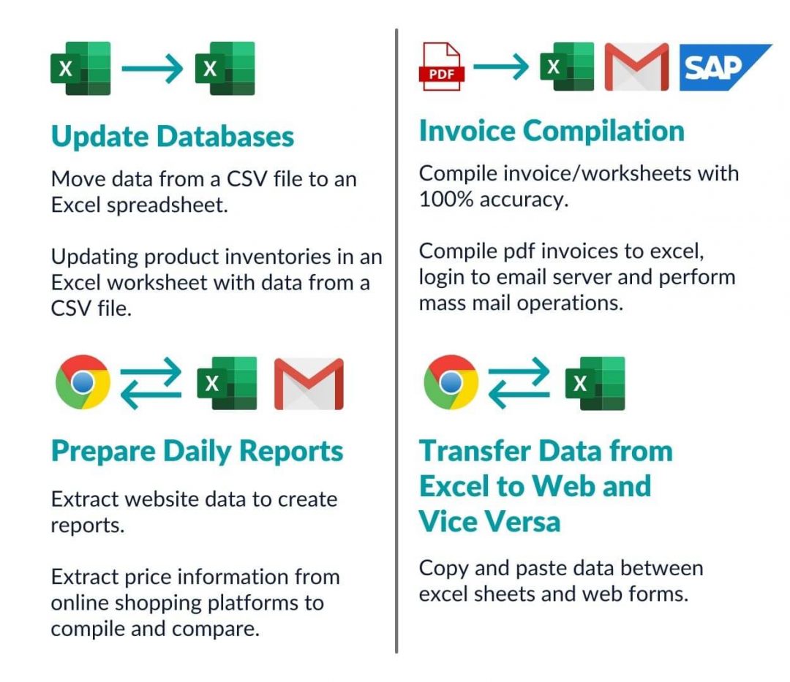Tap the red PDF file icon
(x=441, y=67)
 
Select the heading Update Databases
(x=173, y=137)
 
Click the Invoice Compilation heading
(x=552, y=132)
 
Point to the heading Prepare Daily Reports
(x=197, y=452)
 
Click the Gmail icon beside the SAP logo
(x=636, y=67)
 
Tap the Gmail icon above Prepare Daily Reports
(x=309, y=384)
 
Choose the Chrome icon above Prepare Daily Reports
(x=83, y=382)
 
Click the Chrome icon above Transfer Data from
(x=451, y=382)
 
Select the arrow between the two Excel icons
(x=152, y=69)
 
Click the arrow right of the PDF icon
(x=501, y=66)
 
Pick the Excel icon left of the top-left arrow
(x=80, y=69)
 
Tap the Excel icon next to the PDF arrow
(x=567, y=67)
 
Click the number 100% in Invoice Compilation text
(x=446, y=200)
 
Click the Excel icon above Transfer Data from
(x=595, y=384)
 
